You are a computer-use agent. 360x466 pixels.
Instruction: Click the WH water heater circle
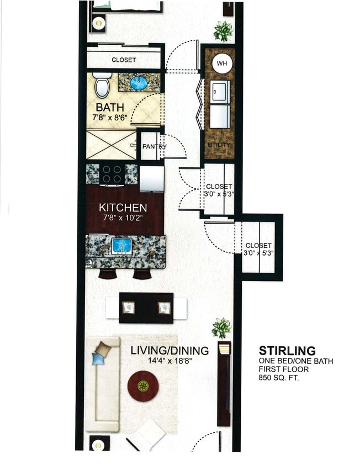coord(221,63)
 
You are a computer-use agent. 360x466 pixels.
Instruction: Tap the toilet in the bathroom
coord(102,86)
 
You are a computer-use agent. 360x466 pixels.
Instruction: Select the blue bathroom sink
coord(138,83)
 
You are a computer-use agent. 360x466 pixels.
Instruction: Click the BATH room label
coord(110,107)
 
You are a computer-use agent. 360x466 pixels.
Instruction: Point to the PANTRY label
coord(154,146)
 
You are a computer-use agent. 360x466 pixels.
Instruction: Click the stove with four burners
coord(112,174)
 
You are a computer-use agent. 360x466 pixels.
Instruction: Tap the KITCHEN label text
coord(123,208)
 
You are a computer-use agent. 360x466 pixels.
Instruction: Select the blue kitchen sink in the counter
coord(120,246)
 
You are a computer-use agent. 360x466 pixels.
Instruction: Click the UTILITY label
coord(219,145)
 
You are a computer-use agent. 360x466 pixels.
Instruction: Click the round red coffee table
coord(143,386)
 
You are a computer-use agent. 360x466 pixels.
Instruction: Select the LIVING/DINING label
coord(170,350)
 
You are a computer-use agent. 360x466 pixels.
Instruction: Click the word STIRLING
coord(287,350)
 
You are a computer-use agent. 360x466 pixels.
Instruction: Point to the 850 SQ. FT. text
coord(279,378)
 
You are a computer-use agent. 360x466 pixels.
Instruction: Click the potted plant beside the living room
coord(221,328)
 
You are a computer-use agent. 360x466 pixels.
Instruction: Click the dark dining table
coord(146,308)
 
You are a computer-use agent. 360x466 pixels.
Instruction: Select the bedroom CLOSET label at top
coord(124,60)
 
